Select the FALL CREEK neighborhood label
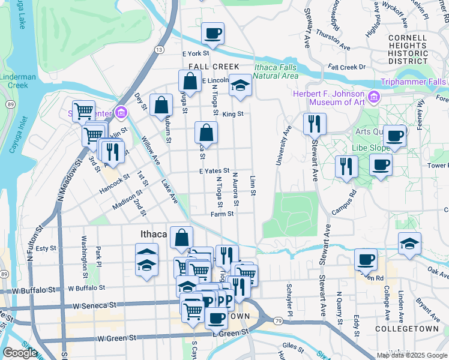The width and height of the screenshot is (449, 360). tap(214, 67)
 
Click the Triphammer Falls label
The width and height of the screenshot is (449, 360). tap(413, 82)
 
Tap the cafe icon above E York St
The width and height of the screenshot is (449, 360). tap(212, 34)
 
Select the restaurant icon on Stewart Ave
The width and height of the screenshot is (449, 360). tap(315, 124)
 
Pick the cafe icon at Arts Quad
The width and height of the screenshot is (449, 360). tap(394, 136)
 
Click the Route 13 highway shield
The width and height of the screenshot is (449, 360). tap(159, 49)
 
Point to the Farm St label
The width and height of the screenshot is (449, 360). tap(221, 214)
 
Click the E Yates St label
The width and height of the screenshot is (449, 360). tap(215, 171)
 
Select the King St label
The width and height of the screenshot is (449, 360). tap(232, 113)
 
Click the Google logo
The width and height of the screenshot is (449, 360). tap(20, 353)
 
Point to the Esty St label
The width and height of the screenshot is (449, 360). tap(46, 248)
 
